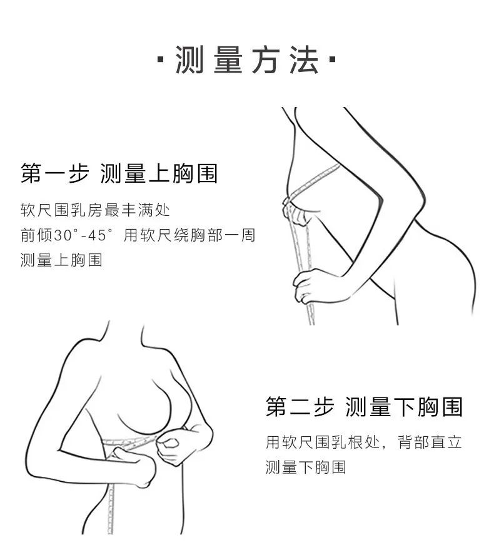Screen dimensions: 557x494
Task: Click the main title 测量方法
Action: tap(247, 61)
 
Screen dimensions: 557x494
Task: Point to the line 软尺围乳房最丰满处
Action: tap(95, 209)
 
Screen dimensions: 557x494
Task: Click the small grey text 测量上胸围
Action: tap(61, 260)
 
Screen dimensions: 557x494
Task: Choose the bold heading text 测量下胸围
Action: tap(404, 407)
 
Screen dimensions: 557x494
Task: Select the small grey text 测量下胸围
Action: tap(306, 468)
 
